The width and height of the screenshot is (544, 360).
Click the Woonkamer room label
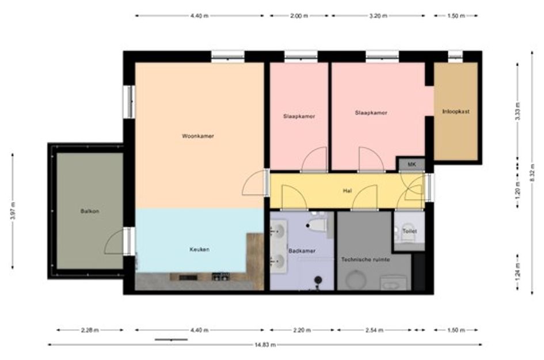pyautogui.click(x=198, y=136)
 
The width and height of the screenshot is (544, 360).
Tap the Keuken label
pyautogui.click(x=199, y=249)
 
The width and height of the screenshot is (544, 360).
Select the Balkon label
pyautogui.click(x=90, y=211)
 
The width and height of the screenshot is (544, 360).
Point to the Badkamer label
pyautogui.click(x=302, y=251)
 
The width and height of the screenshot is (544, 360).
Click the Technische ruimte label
pyautogui.click(x=366, y=259)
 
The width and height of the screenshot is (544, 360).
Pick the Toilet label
pyautogui.click(x=410, y=231)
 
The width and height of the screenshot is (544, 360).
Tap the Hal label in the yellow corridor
pyautogui.click(x=347, y=191)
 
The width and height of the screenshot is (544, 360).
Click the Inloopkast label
pyautogui.click(x=456, y=111)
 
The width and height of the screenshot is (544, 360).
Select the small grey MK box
pyautogui.click(x=412, y=164)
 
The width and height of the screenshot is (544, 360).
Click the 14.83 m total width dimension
pyautogui.click(x=265, y=344)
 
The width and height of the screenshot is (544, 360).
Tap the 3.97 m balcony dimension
pyautogui.click(x=13, y=211)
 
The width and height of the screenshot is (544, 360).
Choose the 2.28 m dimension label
pyautogui.click(x=90, y=330)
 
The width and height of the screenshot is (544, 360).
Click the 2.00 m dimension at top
pyautogui.click(x=299, y=16)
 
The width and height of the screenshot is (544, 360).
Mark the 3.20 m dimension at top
pyautogui.click(x=378, y=16)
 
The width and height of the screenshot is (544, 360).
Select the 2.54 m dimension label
pyautogui.click(x=374, y=330)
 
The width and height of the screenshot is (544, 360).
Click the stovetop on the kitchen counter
pyautogui.click(x=220, y=276)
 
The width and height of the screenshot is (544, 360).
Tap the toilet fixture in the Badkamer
pyautogui.click(x=317, y=225)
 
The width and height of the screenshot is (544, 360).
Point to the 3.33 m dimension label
pyautogui.click(x=518, y=112)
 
